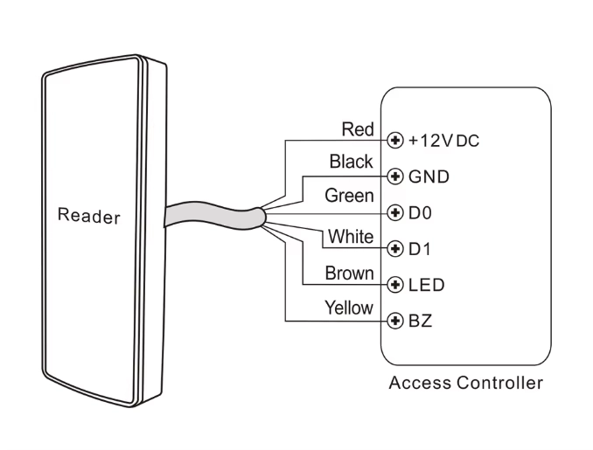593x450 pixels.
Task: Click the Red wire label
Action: [358, 129]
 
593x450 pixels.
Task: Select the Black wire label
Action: [352, 162]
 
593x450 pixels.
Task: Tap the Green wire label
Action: [350, 196]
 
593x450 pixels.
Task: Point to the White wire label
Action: [351, 236]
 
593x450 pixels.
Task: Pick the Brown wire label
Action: [350, 273]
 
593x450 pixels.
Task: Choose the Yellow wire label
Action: [349, 308]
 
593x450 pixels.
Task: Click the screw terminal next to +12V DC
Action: [395, 140]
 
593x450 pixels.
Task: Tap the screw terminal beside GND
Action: [395, 177]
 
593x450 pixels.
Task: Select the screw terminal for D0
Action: [395, 212]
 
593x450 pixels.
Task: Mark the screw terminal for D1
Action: [395, 248]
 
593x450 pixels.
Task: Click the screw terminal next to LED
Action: [395, 285]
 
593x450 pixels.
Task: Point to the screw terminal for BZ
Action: [395, 321]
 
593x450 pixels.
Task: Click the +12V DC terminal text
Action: [443, 140]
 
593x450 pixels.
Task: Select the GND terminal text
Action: [429, 177]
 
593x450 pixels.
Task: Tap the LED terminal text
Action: [427, 285]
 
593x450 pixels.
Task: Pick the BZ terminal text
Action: [421, 321]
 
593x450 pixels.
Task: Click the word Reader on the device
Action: [88, 215]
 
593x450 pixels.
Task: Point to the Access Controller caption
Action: [466, 383]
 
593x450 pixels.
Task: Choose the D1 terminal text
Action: [421, 248]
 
